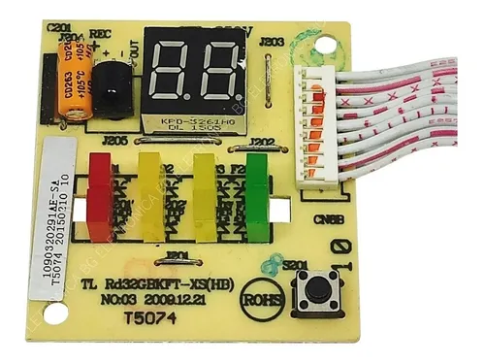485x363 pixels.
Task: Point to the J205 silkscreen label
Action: tap(115, 141)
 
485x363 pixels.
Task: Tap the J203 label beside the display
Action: tap(272, 43)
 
